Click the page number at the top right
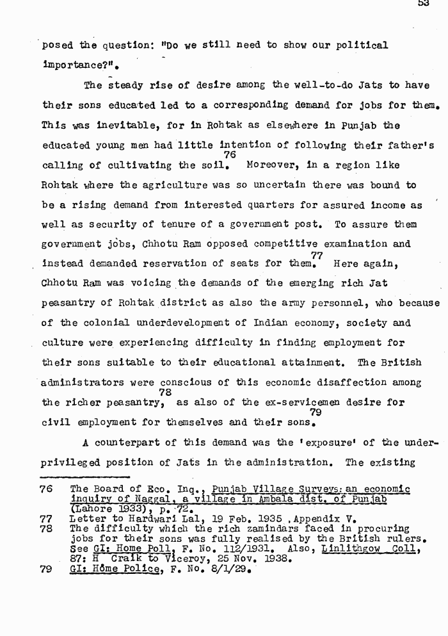[x=423, y=4]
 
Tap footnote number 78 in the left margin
[x=45, y=529]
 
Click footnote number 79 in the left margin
[x=45, y=567]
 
